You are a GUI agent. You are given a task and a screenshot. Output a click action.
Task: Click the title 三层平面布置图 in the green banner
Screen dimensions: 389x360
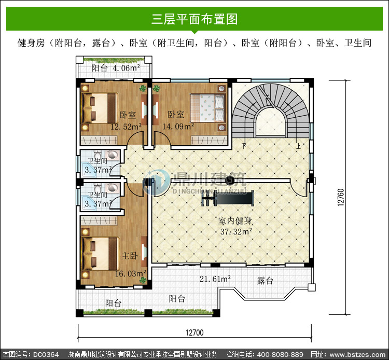[195, 19]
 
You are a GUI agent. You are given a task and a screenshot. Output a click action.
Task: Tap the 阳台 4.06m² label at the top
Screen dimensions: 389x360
[115, 68]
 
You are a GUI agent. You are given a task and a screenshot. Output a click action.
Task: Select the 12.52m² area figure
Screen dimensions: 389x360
[126, 127]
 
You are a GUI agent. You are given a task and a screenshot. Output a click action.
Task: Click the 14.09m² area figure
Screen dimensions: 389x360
[178, 126]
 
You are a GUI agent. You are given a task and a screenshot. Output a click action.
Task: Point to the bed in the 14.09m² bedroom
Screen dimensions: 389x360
[207, 108]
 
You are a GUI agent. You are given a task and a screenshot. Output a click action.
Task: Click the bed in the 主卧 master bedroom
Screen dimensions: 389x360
[101, 254]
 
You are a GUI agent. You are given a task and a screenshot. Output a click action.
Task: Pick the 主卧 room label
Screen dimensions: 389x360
[130, 256]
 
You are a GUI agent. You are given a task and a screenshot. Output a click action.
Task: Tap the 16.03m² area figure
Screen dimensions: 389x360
[131, 273]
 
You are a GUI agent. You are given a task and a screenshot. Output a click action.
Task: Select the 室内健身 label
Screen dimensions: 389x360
[235, 220]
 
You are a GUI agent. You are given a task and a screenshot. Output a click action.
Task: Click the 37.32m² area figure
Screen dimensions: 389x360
[236, 231]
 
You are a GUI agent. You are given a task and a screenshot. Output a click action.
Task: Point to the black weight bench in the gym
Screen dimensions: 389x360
[228, 199]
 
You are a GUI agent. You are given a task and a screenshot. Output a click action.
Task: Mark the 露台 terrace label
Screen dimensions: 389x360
[265, 281]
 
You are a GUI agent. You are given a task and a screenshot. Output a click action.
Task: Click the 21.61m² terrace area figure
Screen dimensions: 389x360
[215, 279]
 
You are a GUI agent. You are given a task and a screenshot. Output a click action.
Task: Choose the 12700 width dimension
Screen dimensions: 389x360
[195, 333]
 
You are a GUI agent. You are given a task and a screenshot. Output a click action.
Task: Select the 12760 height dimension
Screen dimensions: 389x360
[341, 197]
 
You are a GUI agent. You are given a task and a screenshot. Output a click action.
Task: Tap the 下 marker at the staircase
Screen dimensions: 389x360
[244, 146]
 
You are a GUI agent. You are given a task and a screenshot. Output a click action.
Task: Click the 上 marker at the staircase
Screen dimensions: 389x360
[298, 146]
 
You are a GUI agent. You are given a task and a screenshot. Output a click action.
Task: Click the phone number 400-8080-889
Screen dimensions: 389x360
[280, 354]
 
